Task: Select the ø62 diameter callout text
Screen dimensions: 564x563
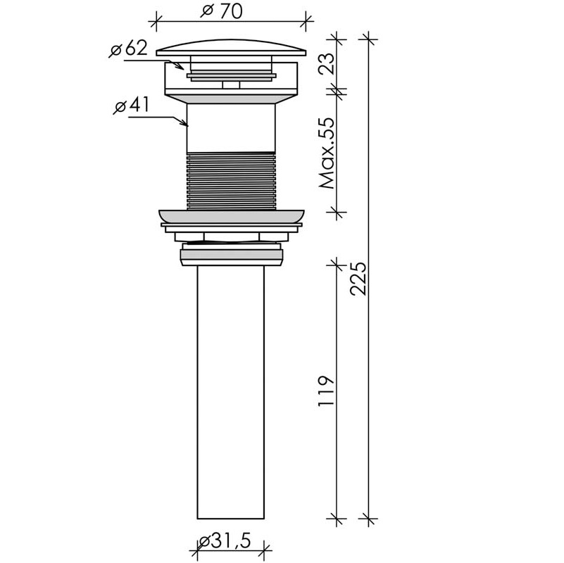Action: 128,48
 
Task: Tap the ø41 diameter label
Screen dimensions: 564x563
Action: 131,106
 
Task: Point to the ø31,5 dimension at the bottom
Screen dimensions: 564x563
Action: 225,541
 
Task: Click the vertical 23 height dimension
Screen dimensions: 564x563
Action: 327,63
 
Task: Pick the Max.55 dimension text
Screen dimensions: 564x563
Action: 327,153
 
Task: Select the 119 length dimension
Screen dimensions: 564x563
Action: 326,391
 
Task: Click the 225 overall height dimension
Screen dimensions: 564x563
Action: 358,279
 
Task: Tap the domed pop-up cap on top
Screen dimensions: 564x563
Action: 231,47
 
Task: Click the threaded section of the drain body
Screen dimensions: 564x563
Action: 231,181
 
